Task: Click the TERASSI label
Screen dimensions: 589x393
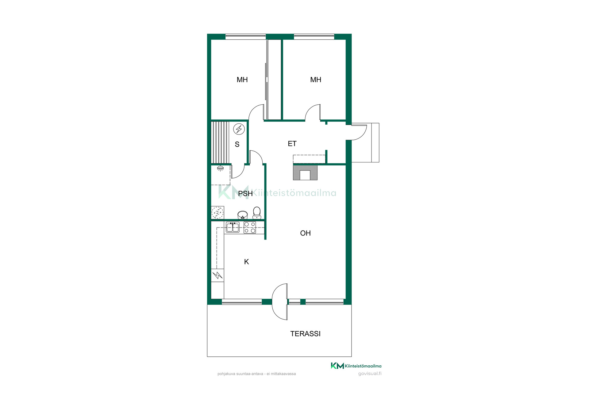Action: tap(305, 334)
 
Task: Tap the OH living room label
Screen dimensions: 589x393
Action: tap(305, 233)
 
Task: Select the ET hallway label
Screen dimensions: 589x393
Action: tap(292, 144)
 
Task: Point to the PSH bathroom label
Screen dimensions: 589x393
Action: tap(245, 194)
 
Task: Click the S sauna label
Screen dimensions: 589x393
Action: tap(237, 144)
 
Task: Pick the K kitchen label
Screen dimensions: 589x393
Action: tap(246, 262)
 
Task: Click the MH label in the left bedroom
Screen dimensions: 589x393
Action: tap(242, 80)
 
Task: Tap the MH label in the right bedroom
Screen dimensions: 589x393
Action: tap(316, 80)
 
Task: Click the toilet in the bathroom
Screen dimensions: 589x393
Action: tap(257, 213)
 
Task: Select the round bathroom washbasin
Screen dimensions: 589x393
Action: tap(243, 215)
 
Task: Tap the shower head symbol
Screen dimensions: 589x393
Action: tap(220, 168)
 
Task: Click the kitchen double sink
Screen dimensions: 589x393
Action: tap(233, 227)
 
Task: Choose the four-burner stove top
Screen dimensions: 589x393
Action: tap(250, 228)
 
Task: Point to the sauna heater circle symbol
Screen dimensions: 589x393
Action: tap(239, 129)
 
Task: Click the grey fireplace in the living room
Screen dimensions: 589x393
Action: tap(305, 173)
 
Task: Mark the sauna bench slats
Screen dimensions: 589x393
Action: tap(220, 142)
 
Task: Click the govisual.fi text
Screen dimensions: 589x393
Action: tap(370, 374)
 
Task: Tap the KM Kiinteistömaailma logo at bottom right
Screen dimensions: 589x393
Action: tap(356, 366)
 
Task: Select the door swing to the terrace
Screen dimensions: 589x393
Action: tap(279, 302)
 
